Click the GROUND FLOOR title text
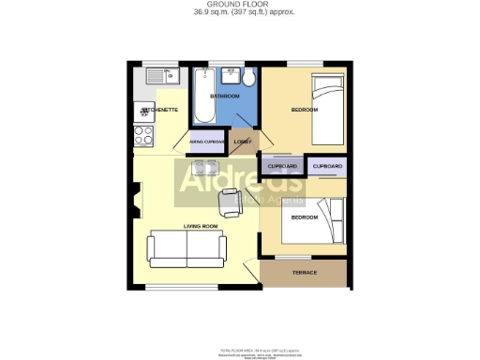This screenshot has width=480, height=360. pos(239,5)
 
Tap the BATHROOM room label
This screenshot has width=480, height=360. pos(225,97)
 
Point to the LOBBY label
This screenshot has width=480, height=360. pos(243,142)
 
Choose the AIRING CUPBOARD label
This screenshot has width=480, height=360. pos(206,142)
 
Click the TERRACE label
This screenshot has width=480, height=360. pos(305,273)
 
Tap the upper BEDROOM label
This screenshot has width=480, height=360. pos(304,111)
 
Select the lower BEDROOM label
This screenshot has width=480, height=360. pos(304,217)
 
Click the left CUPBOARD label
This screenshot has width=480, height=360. pos(282,167)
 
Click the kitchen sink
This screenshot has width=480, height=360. pos(155,73)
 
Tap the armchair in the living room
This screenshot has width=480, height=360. pos(229,198)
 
